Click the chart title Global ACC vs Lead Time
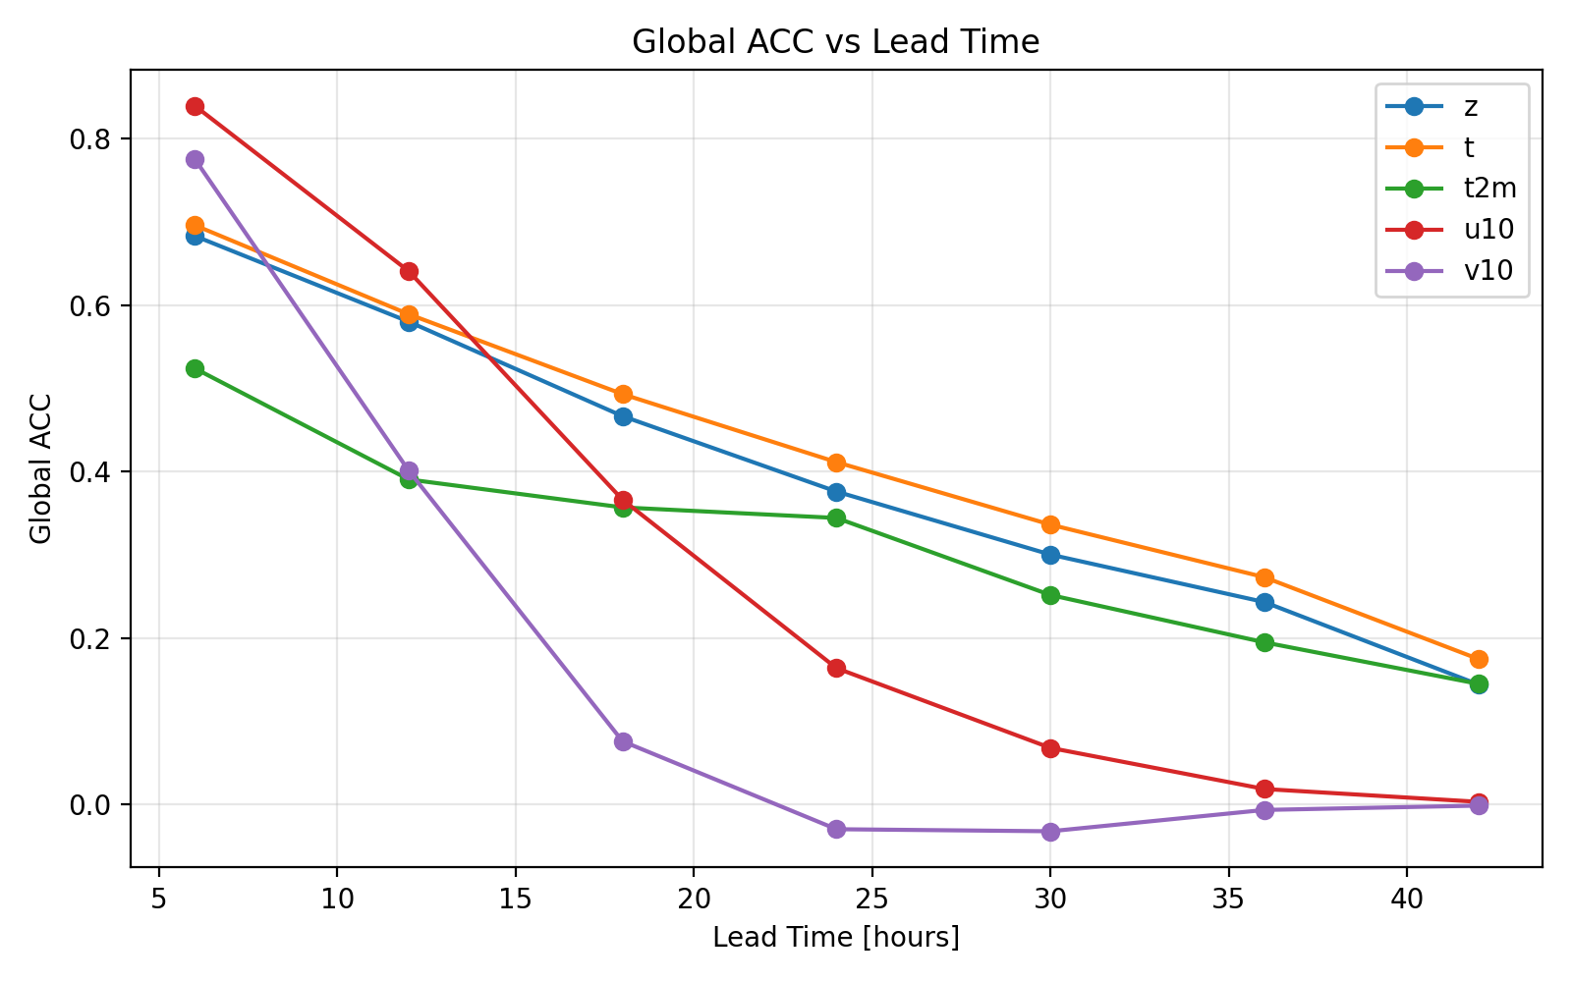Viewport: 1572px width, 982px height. coord(835,42)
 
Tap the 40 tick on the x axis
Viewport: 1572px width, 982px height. coord(1407,900)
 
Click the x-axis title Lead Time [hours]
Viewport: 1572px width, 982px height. coord(836,938)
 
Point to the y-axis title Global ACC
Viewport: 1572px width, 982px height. coord(40,468)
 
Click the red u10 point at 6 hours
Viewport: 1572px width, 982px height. coord(195,106)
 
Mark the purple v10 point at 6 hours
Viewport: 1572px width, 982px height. coord(195,159)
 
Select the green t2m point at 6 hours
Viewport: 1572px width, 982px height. coord(195,368)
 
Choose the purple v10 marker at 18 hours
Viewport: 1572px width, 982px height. coord(623,741)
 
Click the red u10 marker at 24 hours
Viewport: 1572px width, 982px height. coord(836,669)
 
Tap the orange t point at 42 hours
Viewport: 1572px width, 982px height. coord(1479,659)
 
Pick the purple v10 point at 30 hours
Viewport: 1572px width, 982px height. coord(1050,832)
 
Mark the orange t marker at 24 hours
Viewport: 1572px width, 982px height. coord(836,463)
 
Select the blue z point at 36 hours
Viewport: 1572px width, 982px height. coord(1264,602)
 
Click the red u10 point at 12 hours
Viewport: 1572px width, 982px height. coord(409,271)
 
